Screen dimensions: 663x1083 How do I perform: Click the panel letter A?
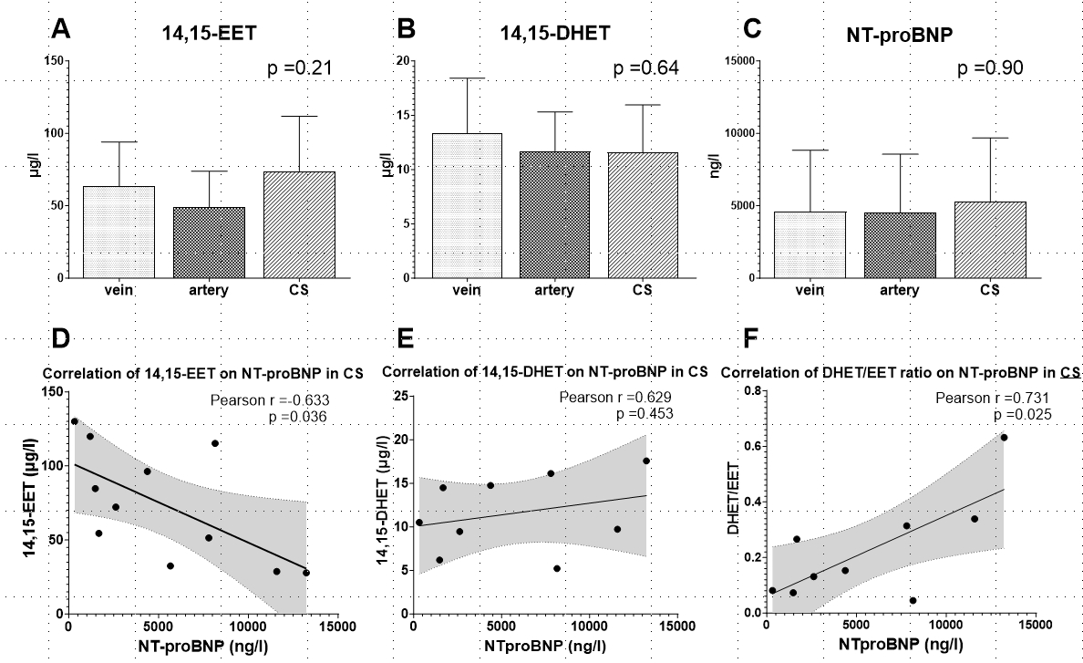click(60, 29)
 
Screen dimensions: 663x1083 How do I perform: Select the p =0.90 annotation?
click(990, 68)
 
